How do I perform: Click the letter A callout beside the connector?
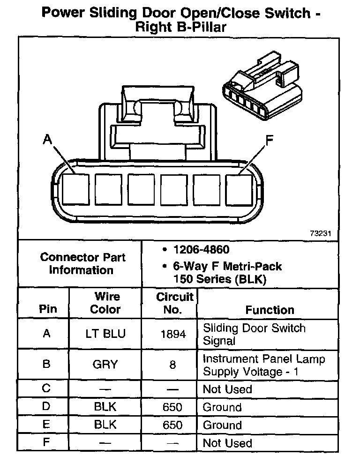pyautogui.click(x=47, y=139)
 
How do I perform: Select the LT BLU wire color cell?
pyautogui.click(x=105, y=334)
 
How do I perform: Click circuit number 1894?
pyautogui.click(x=172, y=334)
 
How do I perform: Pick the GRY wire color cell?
pyautogui.click(x=105, y=365)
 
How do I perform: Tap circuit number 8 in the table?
pyautogui.click(x=172, y=365)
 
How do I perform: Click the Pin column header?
pyautogui.click(x=47, y=309)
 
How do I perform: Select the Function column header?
pyautogui.click(x=270, y=310)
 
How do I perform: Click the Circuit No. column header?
pyautogui.click(x=174, y=303)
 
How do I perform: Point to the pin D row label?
pyautogui.click(x=46, y=406)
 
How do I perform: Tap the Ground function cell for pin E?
pyautogui.click(x=222, y=425)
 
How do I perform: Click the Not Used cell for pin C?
pyautogui.click(x=227, y=389)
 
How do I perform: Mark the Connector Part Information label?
pyautogui.click(x=82, y=263)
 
